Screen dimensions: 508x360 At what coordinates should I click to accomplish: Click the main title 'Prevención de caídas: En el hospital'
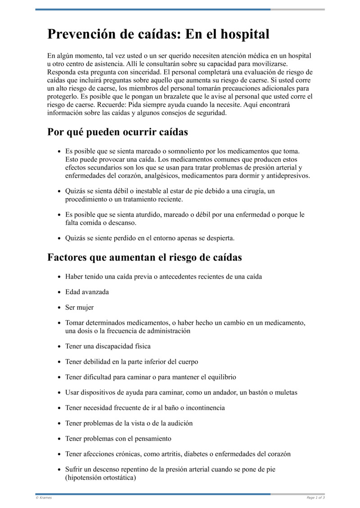tap(158, 34)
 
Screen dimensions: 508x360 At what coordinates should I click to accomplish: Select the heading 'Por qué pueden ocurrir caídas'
tap(117, 132)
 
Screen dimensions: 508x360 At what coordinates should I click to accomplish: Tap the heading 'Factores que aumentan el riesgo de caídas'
tap(144, 258)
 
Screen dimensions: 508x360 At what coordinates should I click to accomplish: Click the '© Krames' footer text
tap(44, 498)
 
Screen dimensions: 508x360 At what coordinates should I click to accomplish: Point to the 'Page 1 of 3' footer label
tap(315, 498)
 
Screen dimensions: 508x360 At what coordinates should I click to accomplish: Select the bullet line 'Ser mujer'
tap(79, 307)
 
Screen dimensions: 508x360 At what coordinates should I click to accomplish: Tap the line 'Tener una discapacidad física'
tap(108, 346)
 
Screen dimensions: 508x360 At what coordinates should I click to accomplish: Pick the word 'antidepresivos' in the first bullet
tap(288, 176)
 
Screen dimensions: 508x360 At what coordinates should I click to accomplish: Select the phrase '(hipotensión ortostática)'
tap(100, 477)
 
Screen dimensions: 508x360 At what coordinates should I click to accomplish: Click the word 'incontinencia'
tap(204, 408)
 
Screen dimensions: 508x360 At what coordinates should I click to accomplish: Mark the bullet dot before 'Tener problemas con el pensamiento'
tap(59, 439)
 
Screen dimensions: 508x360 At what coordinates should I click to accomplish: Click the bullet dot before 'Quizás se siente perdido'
tap(59, 238)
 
